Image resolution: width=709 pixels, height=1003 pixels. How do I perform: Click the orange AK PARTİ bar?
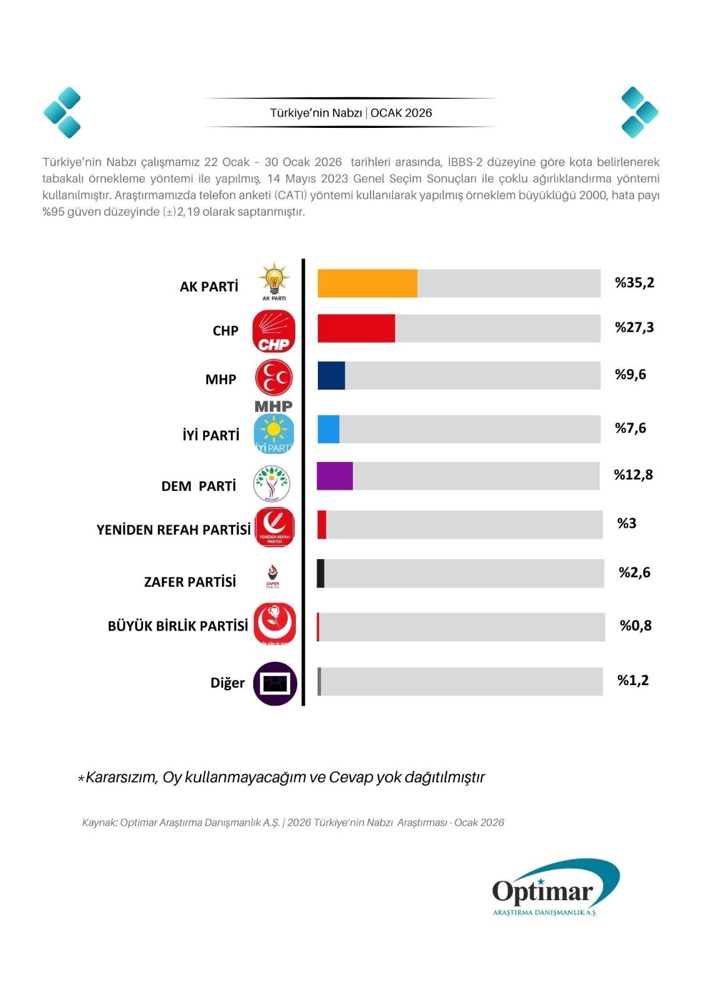tap(367, 283)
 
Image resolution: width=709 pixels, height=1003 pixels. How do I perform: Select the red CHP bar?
tap(356, 328)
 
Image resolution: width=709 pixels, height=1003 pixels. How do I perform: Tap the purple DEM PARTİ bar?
tap(335, 476)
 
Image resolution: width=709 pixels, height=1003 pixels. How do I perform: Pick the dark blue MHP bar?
tap(331, 375)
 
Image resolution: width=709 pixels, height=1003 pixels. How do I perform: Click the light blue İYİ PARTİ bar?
tap(328, 429)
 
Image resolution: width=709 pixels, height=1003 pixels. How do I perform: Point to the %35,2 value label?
tap(634, 283)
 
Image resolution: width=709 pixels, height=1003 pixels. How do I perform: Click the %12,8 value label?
tap(633, 475)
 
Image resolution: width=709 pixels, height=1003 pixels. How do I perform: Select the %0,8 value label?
tap(636, 625)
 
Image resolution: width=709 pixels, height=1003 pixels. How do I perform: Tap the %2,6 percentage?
tap(634, 572)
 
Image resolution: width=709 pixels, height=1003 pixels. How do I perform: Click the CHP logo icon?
tap(274, 331)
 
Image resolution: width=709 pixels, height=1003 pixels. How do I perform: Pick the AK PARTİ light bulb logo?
tap(274, 281)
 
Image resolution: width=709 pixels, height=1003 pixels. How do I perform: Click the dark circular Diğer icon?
tap(275, 683)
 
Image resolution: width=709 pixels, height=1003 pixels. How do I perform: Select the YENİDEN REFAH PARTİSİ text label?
tap(174, 530)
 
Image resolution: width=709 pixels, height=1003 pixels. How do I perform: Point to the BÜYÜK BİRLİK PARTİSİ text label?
tap(178, 626)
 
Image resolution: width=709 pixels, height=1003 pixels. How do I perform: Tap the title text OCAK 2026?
tap(401, 113)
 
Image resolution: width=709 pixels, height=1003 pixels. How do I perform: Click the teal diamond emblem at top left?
tap(62, 112)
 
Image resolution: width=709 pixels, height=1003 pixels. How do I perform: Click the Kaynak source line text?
tap(293, 822)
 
